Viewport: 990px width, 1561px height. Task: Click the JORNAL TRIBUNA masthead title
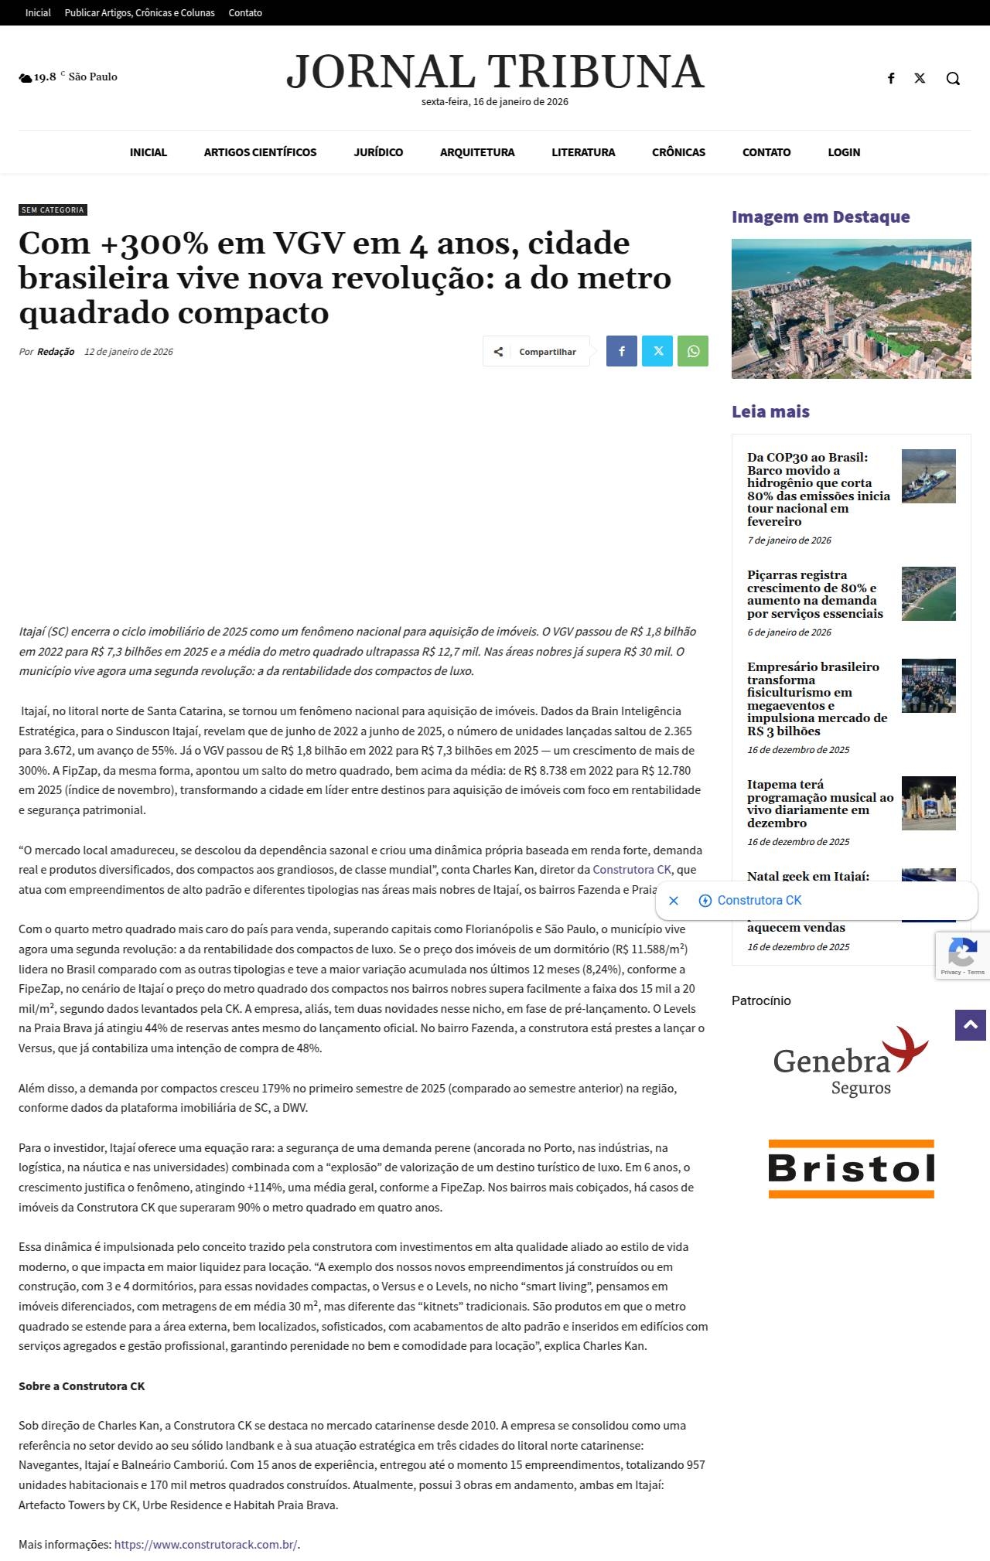pyautogui.click(x=495, y=72)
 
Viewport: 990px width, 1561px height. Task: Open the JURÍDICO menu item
pyautogui.click(x=378, y=152)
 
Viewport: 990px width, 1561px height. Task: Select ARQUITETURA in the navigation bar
pyautogui.click(x=477, y=152)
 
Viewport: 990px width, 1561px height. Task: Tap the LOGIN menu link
pyautogui.click(x=844, y=152)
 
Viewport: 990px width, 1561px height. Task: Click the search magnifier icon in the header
pyautogui.click(x=953, y=78)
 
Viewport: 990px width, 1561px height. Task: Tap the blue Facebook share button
pyautogui.click(x=622, y=351)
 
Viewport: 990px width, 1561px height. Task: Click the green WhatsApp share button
pyautogui.click(x=693, y=351)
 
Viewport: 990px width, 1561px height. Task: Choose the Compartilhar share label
pyautogui.click(x=547, y=352)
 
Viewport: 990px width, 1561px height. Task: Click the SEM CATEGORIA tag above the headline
pyautogui.click(x=53, y=210)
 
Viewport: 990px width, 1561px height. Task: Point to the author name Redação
pyautogui.click(x=56, y=352)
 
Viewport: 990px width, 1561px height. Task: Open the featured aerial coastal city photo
pyautogui.click(x=851, y=308)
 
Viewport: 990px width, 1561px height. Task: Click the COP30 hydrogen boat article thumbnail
pyautogui.click(x=928, y=476)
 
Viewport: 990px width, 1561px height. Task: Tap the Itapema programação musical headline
pyautogui.click(x=820, y=803)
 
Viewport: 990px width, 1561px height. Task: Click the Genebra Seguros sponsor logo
pyautogui.click(x=851, y=1061)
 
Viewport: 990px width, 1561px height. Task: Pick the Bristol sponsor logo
pyautogui.click(x=851, y=1168)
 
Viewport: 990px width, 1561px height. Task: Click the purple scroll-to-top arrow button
pyautogui.click(x=970, y=1025)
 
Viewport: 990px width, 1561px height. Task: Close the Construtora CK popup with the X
pyautogui.click(x=674, y=901)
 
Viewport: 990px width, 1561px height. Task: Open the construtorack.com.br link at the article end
pyautogui.click(x=206, y=1545)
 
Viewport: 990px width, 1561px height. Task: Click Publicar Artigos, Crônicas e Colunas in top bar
pyautogui.click(x=139, y=13)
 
